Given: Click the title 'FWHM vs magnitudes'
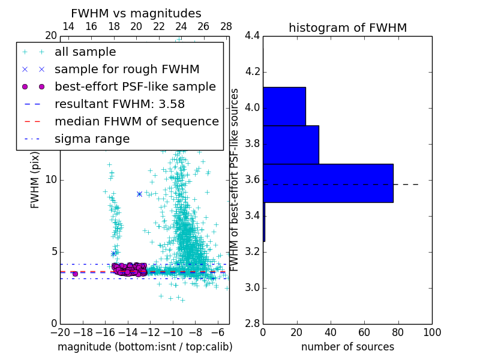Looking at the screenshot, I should click(x=136, y=14).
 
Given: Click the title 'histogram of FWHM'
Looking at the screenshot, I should click(x=347, y=28).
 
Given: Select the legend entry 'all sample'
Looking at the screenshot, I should click(x=85, y=52).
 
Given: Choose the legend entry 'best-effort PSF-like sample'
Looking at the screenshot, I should click(x=135, y=87).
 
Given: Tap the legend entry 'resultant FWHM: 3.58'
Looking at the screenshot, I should click(x=119, y=104).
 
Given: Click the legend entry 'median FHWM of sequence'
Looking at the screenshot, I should click(x=136, y=122).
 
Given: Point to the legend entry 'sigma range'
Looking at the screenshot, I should click(x=92, y=139).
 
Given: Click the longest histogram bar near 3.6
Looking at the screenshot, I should click(x=328, y=183).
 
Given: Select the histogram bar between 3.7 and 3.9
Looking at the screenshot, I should click(x=291, y=145).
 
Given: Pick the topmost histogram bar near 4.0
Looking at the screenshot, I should click(x=284, y=106).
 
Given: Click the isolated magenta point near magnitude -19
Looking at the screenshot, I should click(x=75, y=274).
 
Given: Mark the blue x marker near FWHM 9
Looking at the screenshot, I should click(x=139, y=194).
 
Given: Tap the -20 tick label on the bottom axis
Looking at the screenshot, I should click(x=60, y=334).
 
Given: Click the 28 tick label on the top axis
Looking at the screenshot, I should click(x=226, y=27).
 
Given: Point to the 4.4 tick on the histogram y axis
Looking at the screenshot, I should click(x=251, y=36).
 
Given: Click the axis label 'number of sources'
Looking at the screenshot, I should click(x=347, y=347).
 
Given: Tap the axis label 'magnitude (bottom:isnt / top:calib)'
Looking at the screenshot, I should click(x=145, y=347).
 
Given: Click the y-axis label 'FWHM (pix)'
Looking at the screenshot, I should click(x=35, y=180).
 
